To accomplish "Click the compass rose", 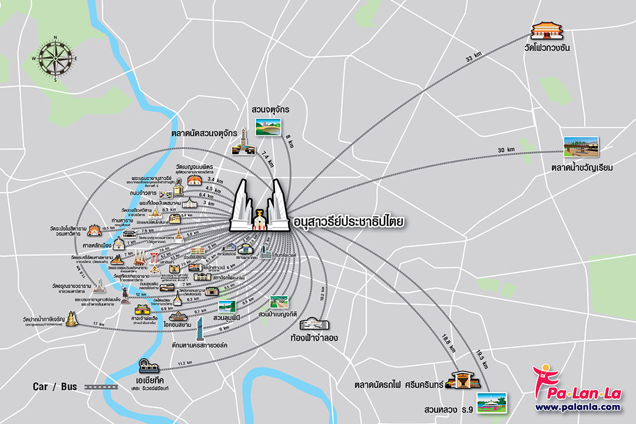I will click(x=56, y=59).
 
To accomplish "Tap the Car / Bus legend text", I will click(x=55, y=387).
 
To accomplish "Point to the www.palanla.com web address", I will click(x=577, y=407).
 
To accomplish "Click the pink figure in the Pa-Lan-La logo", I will click(x=542, y=377).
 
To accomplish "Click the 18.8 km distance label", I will click(x=449, y=343).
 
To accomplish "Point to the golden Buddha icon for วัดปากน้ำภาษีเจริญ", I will click(x=72, y=320).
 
